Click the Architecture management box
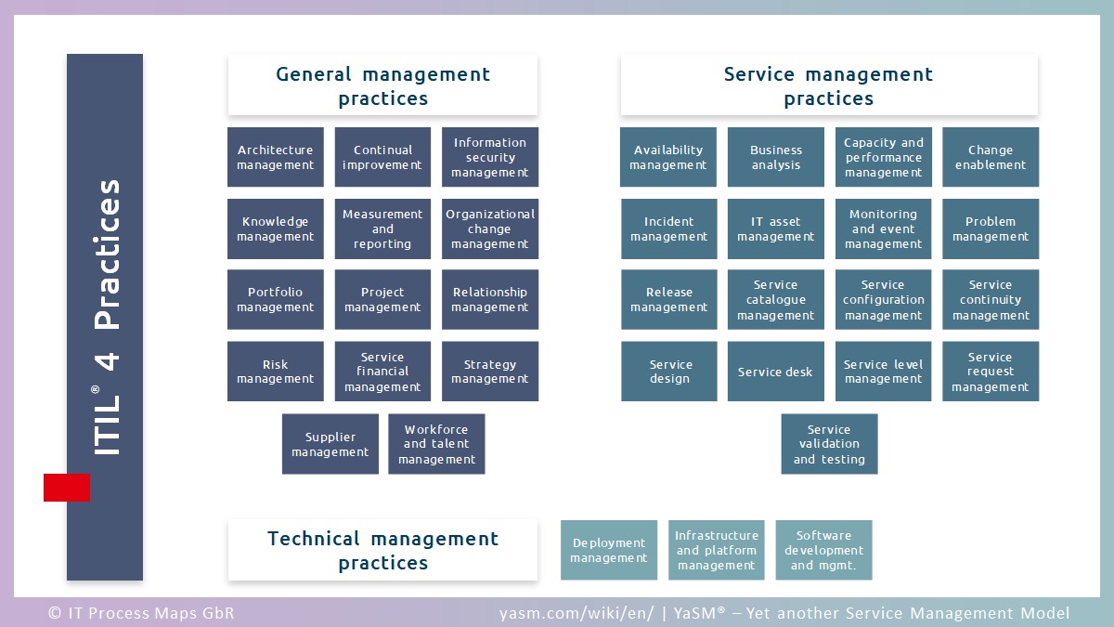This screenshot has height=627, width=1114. [276, 157]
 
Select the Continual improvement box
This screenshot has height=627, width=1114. [382, 157]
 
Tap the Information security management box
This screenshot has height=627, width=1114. [490, 157]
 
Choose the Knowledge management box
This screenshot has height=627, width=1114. [276, 229]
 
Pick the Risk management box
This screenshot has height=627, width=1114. [276, 372]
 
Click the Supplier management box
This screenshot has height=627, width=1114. [330, 444]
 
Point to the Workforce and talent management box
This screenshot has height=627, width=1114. [436, 444]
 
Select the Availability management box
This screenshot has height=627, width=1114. [668, 157]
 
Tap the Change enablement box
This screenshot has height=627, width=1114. [991, 157]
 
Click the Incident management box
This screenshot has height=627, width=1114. [668, 229]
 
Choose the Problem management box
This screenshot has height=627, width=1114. [991, 229]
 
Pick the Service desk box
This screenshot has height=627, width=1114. [775, 372]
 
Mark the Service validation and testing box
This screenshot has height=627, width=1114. [829, 444]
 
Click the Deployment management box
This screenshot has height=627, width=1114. [609, 550]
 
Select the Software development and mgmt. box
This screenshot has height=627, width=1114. [823, 550]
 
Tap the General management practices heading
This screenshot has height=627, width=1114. [382, 85]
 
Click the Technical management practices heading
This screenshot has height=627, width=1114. [382, 550]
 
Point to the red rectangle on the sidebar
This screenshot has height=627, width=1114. [67, 488]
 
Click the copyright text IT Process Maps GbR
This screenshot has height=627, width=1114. [141, 613]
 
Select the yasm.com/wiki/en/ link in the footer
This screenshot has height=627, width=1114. [576, 613]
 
